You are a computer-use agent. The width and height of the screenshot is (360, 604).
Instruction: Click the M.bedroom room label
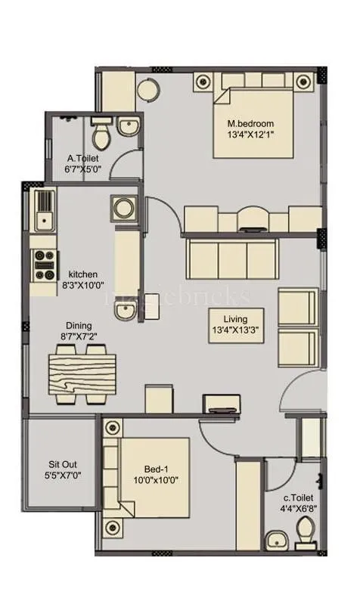[250, 123]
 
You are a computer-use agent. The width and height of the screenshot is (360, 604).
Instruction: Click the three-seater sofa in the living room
[232, 259]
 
